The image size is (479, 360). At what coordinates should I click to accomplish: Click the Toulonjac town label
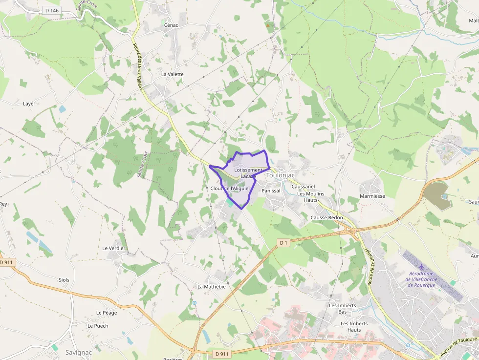280,175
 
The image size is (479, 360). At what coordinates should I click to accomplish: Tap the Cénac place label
171,25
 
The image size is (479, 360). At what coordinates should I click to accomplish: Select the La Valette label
172,74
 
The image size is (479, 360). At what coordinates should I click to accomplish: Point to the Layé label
28,104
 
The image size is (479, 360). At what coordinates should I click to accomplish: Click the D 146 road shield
51,10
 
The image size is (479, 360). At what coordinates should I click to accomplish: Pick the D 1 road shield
283,242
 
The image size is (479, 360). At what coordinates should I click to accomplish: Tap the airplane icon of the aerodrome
415,266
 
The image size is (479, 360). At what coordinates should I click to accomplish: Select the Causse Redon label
327,217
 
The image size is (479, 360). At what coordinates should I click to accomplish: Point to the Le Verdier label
114,248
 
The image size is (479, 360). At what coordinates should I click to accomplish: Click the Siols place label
64,280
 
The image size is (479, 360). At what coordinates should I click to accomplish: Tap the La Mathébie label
212,287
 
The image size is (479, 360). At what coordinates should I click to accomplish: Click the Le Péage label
106,313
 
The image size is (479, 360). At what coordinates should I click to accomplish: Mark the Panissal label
271,191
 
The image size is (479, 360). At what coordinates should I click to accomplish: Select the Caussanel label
303,187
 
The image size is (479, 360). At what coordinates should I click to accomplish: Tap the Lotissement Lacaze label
248,173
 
